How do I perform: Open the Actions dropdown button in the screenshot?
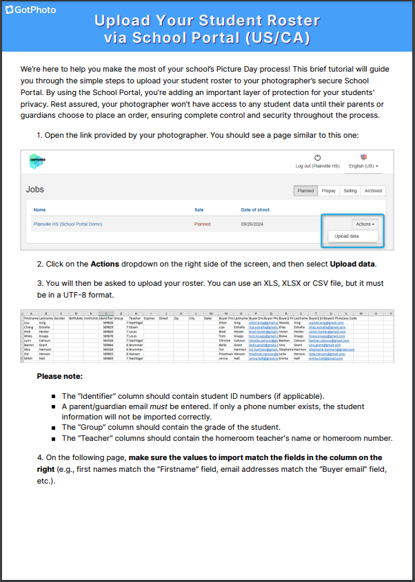[x=365, y=224]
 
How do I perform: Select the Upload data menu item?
[x=347, y=236]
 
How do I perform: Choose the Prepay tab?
[x=329, y=191]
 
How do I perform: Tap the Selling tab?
[x=350, y=191]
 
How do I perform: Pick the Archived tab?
[x=373, y=191]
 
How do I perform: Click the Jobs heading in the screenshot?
[x=35, y=189]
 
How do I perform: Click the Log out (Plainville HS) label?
[x=318, y=166]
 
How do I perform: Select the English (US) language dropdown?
[x=364, y=166]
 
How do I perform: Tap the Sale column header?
[x=199, y=209]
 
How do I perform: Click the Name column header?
[x=39, y=209]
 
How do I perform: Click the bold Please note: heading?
[x=59, y=376]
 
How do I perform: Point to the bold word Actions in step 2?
[x=105, y=264]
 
